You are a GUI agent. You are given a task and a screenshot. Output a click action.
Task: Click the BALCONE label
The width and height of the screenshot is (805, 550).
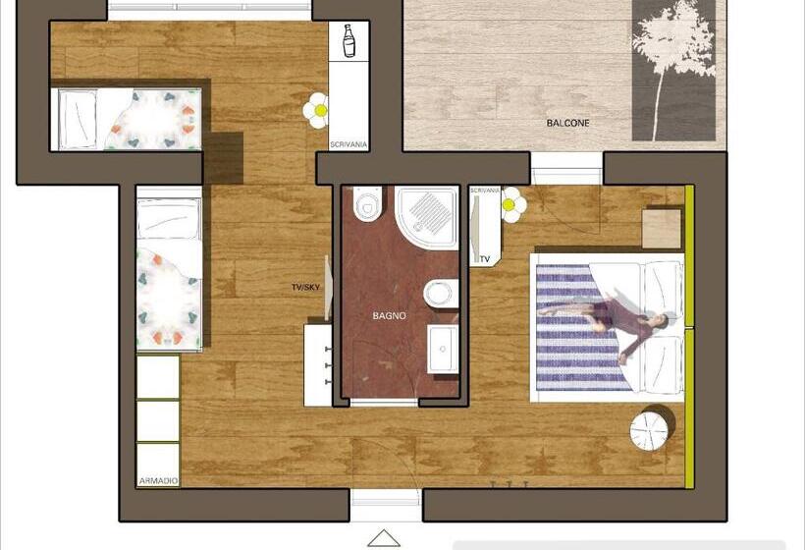click(x=567, y=123)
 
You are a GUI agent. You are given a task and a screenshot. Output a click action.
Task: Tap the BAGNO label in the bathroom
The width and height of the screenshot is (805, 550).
click(x=389, y=316)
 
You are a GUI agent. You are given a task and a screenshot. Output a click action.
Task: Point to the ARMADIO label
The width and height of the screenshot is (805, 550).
click(x=158, y=481)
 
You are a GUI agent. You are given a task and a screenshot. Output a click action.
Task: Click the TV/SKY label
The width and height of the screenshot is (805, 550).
click(x=305, y=287)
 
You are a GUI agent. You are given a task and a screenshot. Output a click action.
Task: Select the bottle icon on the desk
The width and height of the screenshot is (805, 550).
click(x=349, y=40)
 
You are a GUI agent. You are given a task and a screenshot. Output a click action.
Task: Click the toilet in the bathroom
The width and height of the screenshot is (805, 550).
click(x=367, y=204)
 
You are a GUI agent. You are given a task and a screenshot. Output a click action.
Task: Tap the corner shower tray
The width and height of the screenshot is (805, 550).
click(x=427, y=218)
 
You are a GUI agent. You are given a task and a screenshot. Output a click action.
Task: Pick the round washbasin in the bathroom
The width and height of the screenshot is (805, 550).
click(x=440, y=295)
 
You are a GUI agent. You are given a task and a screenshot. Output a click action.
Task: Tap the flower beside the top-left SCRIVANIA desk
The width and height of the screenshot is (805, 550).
click(x=316, y=110)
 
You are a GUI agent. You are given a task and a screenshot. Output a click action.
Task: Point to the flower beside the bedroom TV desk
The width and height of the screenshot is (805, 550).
click(x=511, y=205)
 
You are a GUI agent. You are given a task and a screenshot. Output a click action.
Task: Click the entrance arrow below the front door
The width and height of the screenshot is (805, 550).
click(x=384, y=538)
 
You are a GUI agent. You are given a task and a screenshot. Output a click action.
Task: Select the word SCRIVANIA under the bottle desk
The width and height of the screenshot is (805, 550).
click(x=349, y=144)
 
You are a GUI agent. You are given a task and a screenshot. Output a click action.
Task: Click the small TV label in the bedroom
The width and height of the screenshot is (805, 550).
click(x=485, y=259)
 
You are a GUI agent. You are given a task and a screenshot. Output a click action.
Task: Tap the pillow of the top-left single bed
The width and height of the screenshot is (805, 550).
click(x=77, y=119)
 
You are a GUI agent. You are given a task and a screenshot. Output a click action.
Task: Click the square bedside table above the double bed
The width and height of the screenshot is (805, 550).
click(x=662, y=229)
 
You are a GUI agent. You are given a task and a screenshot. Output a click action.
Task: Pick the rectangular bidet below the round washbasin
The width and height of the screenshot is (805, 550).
click(x=443, y=350)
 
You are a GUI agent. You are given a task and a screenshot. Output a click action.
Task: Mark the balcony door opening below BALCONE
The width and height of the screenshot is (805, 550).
click(x=566, y=169)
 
